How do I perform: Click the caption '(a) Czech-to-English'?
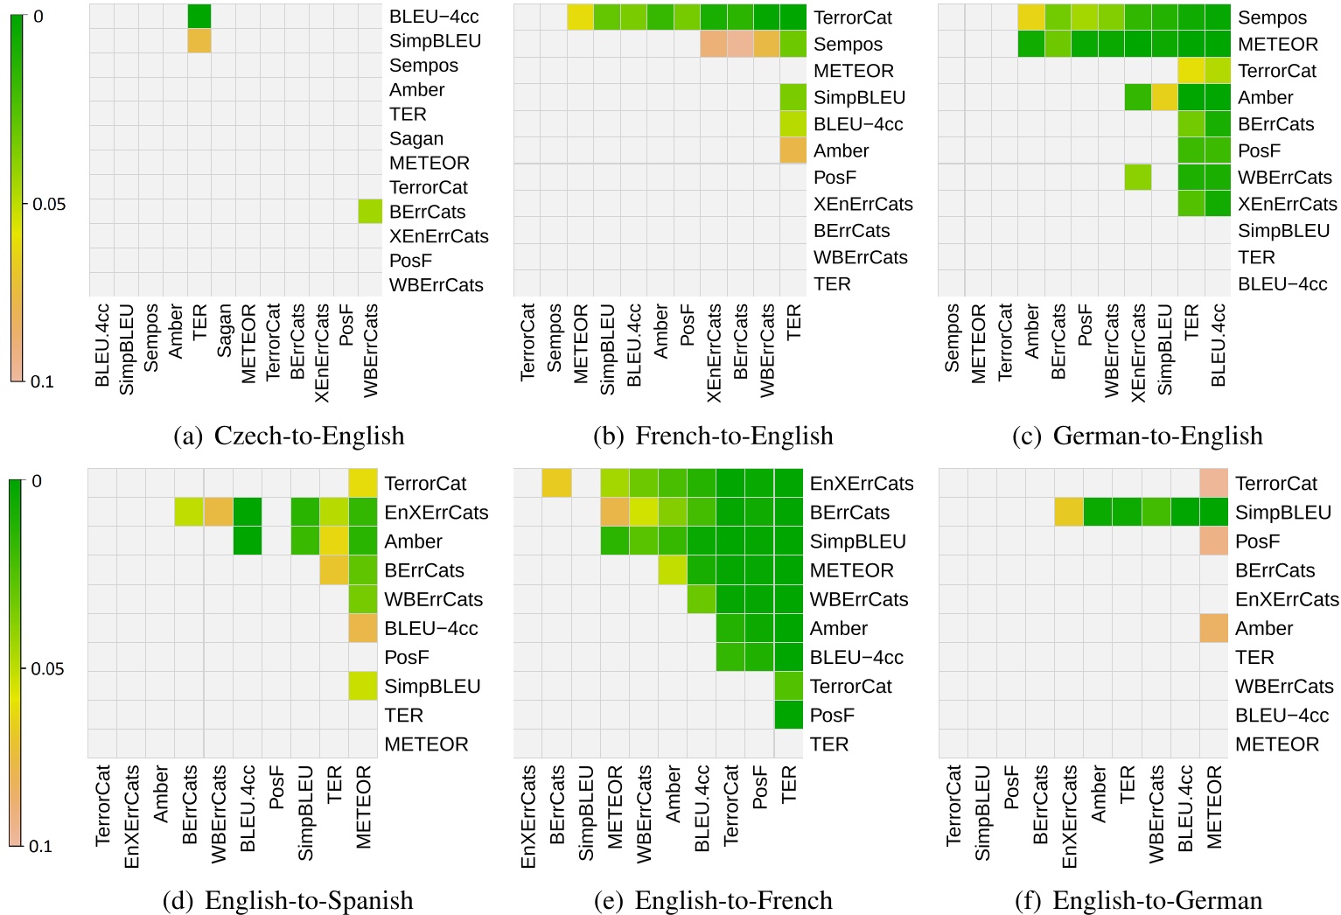point(290,436)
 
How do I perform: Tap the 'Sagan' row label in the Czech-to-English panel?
point(416,138)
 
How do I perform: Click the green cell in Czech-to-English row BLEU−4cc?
point(199,16)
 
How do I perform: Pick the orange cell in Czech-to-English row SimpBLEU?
point(199,40)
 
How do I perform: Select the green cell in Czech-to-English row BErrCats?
point(370,212)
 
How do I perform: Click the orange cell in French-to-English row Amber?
point(793,150)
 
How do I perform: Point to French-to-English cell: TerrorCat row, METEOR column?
point(580,17)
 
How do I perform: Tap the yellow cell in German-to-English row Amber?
point(1164,97)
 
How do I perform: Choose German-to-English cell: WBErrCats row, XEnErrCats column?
point(1138,177)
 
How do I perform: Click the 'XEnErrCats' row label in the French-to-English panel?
point(863,204)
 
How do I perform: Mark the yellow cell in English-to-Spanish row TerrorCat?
point(363,483)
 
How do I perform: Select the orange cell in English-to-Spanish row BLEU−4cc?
point(363,628)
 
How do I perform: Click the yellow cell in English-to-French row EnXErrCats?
point(556,483)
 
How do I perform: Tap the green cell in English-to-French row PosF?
point(788,715)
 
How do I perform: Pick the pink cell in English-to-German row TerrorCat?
point(1214,483)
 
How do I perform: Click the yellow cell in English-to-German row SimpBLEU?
point(1069,512)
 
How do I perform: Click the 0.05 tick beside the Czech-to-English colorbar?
point(48,204)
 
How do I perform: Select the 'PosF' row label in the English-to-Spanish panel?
point(407,657)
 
